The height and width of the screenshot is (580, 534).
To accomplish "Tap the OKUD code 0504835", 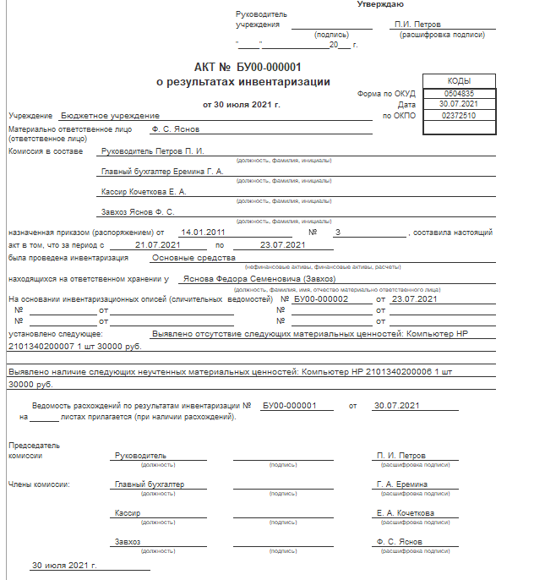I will click(459, 93).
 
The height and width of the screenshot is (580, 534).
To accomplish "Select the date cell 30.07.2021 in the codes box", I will click(459, 104).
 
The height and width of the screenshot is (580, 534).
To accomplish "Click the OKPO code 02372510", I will click(459, 115).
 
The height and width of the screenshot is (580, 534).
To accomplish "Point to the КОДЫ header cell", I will click(459, 80).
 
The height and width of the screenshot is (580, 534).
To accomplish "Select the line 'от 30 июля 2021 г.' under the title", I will click(241, 105).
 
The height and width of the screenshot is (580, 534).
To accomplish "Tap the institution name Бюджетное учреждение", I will click(110, 115).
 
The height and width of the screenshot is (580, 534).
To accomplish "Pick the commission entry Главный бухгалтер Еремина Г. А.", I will click(161, 172).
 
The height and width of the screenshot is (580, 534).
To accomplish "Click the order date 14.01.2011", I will click(203, 232).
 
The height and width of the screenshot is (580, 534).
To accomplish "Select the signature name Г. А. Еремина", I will click(401, 484).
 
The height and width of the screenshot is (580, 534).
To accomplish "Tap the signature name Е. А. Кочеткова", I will click(406, 513).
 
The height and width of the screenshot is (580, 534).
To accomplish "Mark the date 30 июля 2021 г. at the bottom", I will click(65, 564).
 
